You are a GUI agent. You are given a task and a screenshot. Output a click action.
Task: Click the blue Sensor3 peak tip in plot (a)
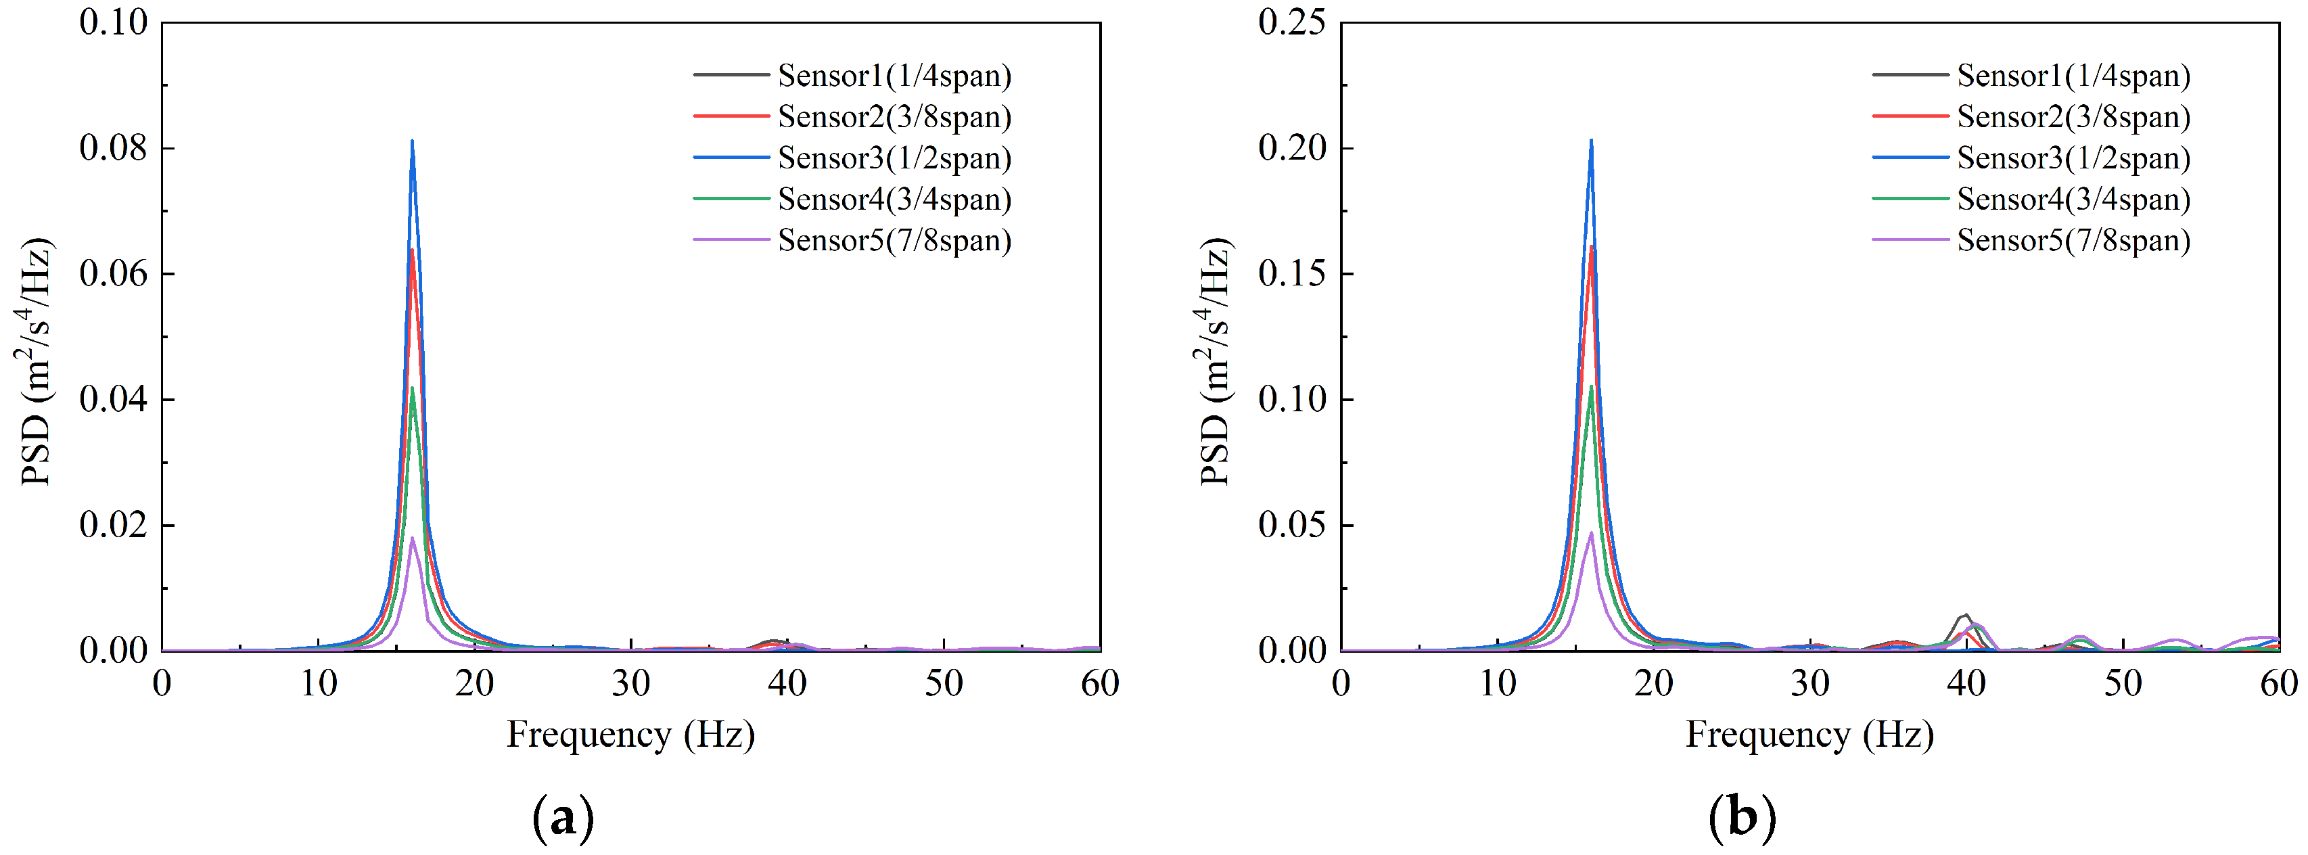pyautogui.click(x=412, y=141)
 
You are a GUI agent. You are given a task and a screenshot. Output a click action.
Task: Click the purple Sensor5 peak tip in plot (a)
pyautogui.click(x=412, y=538)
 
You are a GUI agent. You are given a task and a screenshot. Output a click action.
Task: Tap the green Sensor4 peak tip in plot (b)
pyautogui.click(x=1591, y=386)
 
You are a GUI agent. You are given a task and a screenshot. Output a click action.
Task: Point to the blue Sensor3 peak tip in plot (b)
pyautogui.click(x=1591, y=141)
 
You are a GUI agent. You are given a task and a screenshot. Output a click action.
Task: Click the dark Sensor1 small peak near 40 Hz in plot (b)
pyautogui.click(x=1966, y=615)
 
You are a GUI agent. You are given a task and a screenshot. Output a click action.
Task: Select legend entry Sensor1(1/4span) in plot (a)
pyautogui.click(x=894, y=75)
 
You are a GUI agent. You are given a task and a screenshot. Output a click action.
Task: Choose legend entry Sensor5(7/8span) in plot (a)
pyautogui.click(x=894, y=240)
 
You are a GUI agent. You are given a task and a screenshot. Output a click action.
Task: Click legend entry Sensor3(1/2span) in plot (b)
pyautogui.click(x=2073, y=158)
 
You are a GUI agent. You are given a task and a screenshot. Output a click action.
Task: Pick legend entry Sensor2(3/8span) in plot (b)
pyautogui.click(x=2073, y=116)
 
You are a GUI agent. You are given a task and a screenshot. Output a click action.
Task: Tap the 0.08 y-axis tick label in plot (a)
pyautogui.click(x=113, y=148)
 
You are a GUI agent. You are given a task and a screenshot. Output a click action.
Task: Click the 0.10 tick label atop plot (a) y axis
pyautogui.click(x=113, y=22)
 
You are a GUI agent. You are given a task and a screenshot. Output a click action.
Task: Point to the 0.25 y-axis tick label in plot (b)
pyautogui.click(x=1291, y=22)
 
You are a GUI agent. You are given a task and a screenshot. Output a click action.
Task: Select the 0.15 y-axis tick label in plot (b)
pyautogui.click(x=1291, y=273)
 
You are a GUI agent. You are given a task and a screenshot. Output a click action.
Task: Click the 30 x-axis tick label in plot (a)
pyautogui.click(x=630, y=684)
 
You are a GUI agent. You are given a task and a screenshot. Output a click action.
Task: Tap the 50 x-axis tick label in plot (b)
pyautogui.click(x=2123, y=684)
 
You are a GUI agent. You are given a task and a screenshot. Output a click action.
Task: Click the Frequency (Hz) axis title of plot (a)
pyautogui.click(x=630, y=735)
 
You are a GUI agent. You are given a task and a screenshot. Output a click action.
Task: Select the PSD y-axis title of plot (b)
pyautogui.click(x=1215, y=361)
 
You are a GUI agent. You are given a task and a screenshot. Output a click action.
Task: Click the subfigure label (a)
pyautogui.click(x=563, y=817)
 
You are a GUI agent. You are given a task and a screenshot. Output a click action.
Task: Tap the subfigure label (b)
pyautogui.click(x=1742, y=817)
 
